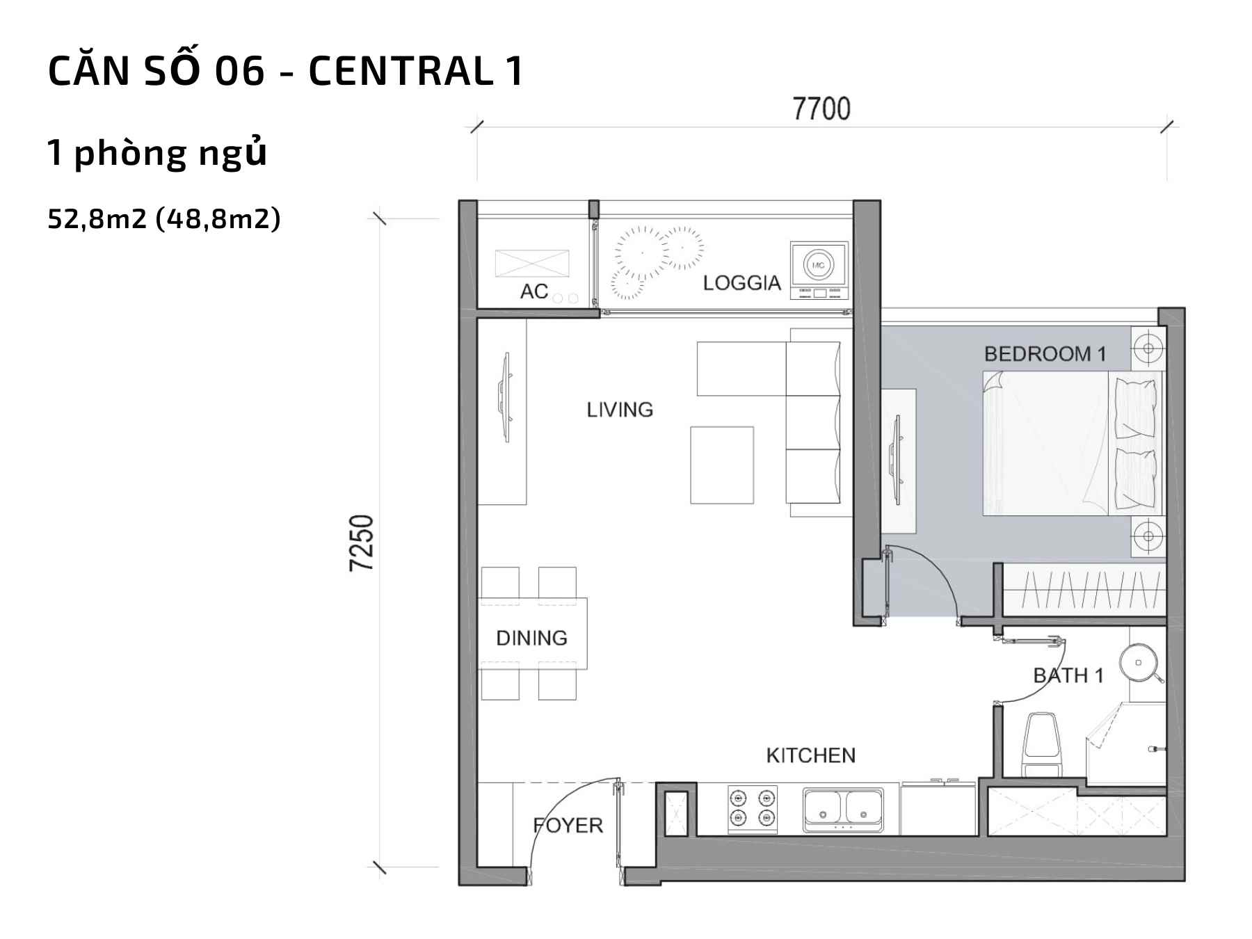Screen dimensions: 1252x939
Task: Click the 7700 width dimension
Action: [821, 109]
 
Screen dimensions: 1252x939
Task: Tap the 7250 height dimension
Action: [362, 543]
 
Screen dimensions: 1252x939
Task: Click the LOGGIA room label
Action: [741, 283]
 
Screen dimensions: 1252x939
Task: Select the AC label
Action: [534, 291]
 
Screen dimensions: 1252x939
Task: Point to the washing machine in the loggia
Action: [819, 271]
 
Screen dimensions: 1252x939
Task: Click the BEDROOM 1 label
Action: [1045, 354]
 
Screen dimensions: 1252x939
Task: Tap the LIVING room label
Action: [620, 410]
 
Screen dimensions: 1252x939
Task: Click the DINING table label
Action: [531, 638]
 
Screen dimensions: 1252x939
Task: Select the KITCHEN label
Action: [810, 755]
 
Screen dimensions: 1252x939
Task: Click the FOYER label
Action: [568, 826]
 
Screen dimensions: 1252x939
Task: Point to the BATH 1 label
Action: [1068, 675]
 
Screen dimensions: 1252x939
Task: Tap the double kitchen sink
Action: [843, 810]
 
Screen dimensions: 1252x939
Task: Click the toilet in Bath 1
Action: [1041, 744]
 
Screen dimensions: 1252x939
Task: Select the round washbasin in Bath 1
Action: [1139, 662]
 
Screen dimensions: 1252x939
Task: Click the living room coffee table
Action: [722, 465]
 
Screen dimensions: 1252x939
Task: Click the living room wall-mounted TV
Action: [506, 397]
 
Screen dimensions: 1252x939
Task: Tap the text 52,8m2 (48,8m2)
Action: [164, 219]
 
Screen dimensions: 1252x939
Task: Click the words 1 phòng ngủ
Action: [157, 153]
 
